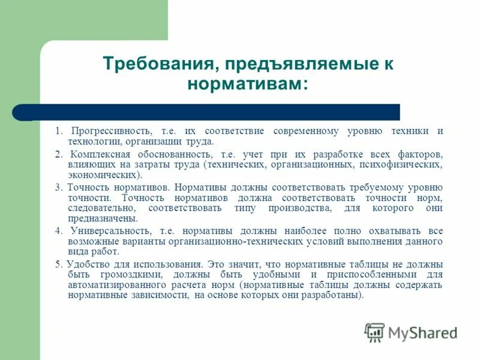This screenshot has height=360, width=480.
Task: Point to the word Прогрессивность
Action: pyautogui.click(x=111, y=131)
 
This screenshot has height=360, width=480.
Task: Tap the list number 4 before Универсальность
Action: pyautogui.click(x=58, y=230)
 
